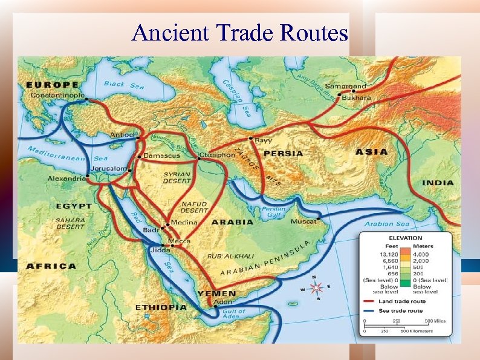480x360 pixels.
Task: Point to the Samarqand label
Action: [x=346, y=86]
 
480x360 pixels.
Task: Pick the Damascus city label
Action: [x=162, y=155]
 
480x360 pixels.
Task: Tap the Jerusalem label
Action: [x=109, y=168]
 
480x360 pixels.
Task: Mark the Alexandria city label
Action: [x=67, y=179]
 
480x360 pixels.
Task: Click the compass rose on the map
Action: [x=316, y=289]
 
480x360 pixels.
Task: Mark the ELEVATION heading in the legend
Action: [x=406, y=238]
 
